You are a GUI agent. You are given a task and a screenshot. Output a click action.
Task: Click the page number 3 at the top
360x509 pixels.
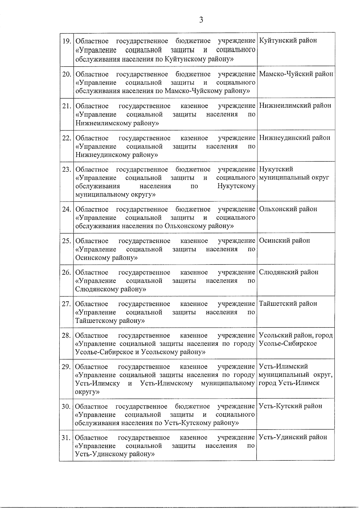pyautogui.click(x=201, y=20)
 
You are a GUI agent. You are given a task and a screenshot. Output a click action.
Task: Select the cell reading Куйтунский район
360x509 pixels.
pyautogui.click(x=288, y=40)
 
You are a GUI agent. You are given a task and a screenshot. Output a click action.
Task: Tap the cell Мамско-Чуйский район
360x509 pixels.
pyautogui.click(x=296, y=74)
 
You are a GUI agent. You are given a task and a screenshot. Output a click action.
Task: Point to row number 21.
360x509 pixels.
pyautogui.click(x=66, y=106)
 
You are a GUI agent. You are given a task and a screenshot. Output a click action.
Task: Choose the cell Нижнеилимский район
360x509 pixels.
pyautogui.click(x=295, y=106)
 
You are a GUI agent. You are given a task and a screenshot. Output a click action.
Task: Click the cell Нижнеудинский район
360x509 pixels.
pyautogui.click(x=295, y=138)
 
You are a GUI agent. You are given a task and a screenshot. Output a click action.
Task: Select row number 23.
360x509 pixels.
pyautogui.click(x=66, y=169)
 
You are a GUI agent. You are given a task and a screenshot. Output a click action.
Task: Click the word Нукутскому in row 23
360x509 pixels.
pyautogui.click(x=236, y=186)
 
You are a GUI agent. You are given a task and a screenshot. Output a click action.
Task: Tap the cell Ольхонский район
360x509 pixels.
pyautogui.click(x=288, y=209)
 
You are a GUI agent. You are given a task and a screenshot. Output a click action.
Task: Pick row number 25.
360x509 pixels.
pyautogui.click(x=66, y=241)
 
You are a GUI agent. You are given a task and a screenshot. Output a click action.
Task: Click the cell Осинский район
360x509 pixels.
pyautogui.click(x=284, y=241)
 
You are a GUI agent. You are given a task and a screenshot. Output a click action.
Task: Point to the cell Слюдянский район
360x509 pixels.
pyautogui.click(x=289, y=272)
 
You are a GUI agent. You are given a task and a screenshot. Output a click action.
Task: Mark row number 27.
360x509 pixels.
pyautogui.click(x=66, y=304)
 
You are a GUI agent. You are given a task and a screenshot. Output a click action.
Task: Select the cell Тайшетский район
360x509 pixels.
pyautogui.click(x=288, y=304)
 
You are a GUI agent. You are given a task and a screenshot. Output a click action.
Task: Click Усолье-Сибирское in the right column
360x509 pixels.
pyautogui.click(x=288, y=344)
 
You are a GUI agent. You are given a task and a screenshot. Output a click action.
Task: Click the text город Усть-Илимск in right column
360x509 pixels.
pyautogui.click(x=289, y=383)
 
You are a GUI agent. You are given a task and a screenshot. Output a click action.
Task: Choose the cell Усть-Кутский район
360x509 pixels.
pyautogui.click(x=290, y=406)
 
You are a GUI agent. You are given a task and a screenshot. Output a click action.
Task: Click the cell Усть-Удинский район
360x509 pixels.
pyautogui.click(x=293, y=437)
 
